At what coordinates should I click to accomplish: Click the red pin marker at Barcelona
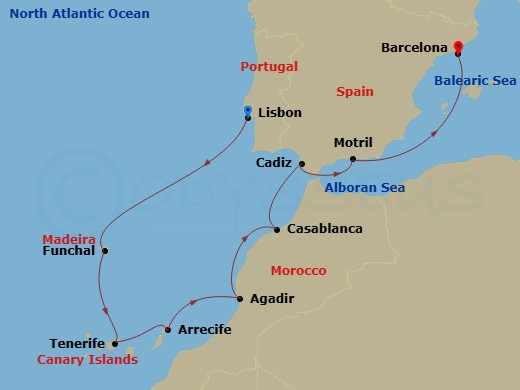coord(457,46)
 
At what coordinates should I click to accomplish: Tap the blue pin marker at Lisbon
coord(248,110)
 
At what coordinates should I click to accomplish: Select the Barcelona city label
coord(415,47)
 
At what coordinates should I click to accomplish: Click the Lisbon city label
coord(279,112)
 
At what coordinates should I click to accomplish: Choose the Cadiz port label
coord(273,162)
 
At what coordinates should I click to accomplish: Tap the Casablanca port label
coord(324,229)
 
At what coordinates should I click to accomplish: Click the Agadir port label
coord(273,298)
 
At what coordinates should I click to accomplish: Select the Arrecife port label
coord(206,329)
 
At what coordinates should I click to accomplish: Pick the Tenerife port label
coord(77,343)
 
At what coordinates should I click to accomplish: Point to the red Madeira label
coord(69,239)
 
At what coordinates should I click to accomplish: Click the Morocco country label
coord(299,271)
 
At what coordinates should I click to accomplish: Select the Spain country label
coord(355,91)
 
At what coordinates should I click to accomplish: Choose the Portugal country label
coord(270,67)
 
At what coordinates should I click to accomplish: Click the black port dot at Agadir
coord(239,298)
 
